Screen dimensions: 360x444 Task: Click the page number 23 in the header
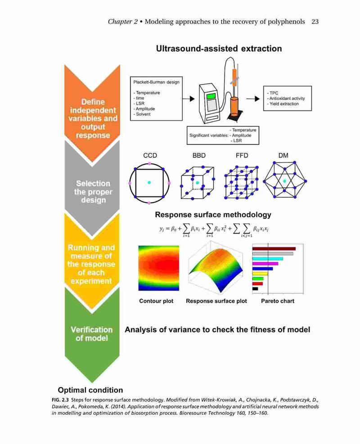[315, 22]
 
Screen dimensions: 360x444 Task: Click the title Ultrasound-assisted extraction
[219, 49]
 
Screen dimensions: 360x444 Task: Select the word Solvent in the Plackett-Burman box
[143, 114]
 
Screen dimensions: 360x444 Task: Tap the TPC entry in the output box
[274, 93]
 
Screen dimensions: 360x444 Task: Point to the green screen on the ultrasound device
[211, 96]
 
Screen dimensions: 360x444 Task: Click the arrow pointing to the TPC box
[253, 99]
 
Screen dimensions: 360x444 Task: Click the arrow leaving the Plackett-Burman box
[189, 99]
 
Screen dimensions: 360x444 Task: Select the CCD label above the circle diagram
[150, 156]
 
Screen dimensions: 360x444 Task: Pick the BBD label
[199, 156]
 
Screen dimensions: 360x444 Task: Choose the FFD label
[242, 156]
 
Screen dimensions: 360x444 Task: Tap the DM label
[283, 156]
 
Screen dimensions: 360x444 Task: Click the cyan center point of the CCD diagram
[149, 183]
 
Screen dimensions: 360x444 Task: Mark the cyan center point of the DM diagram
[285, 181]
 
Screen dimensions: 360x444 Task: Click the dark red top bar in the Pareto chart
[274, 249]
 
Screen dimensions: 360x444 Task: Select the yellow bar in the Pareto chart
[260, 274]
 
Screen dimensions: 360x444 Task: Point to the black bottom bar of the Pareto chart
[255, 289]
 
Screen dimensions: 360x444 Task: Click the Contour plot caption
[156, 301]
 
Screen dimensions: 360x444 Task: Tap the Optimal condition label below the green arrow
[90, 390]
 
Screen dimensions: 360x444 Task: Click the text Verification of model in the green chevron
[92, 334]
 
